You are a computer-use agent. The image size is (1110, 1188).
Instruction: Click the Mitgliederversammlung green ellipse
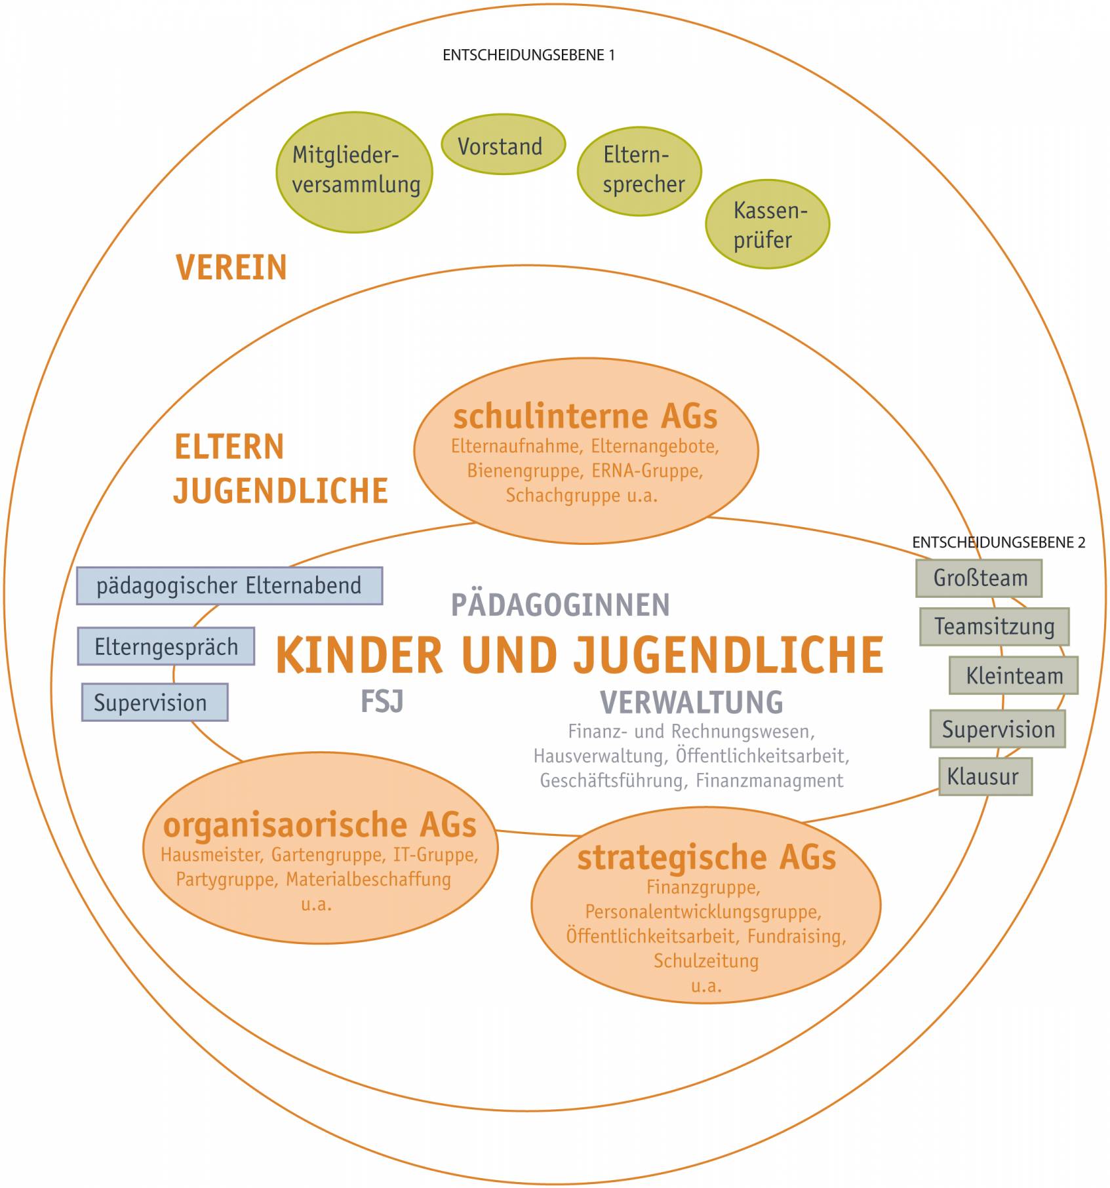[x=354, y=172]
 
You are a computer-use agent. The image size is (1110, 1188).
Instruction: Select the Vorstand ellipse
[x=503, y=144]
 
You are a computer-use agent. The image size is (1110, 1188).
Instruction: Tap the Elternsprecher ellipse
[x=639, y=171]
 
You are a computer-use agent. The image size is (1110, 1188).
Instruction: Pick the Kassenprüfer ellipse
[x=767, y=224]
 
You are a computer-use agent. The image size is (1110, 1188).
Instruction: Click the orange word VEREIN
[x=231, y=267]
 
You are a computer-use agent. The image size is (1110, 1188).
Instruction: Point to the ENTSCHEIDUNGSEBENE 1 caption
[x=528, y=55]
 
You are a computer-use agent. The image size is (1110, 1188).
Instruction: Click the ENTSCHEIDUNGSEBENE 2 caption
[x=999, y=542]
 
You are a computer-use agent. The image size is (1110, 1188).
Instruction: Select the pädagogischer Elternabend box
[x=229, y=585]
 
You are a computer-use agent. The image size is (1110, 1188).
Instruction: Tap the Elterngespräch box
[x=166, y=646]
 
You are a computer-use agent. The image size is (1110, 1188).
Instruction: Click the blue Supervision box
[x=155, y=702]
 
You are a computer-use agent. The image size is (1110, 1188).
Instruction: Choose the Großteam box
[x=979, y=578]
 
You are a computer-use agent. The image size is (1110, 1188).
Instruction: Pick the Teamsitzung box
[x=994, y=627]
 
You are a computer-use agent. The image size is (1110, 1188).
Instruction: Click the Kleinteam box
[x=1014, y=675]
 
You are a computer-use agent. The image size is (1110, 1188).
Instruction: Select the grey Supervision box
[x=997, y=728]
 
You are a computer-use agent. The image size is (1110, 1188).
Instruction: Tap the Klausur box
[x=985, y=777]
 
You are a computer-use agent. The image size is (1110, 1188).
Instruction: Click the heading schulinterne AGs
[x=585, y=416]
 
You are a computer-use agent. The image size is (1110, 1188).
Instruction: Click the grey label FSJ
[x=382, y=702]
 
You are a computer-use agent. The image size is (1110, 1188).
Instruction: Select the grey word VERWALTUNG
[x=692, y=702]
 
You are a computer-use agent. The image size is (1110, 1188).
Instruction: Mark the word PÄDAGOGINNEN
[x=561, y=604]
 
